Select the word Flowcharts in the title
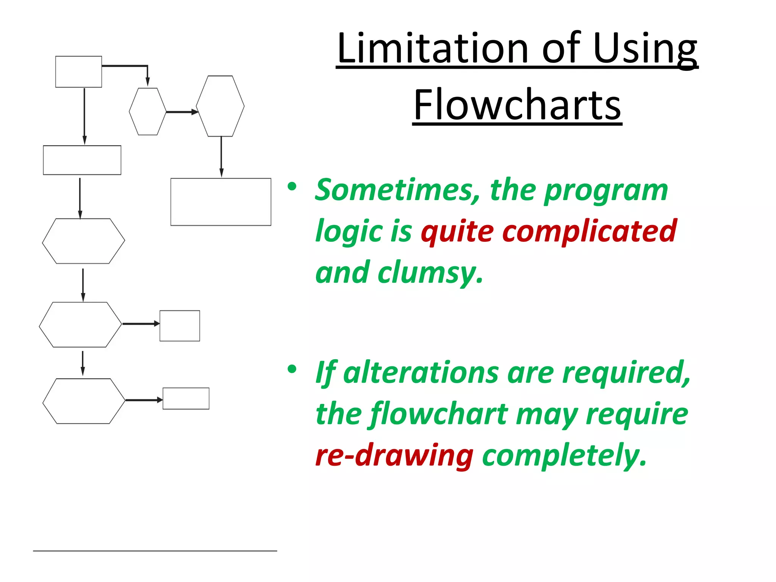(517, 105)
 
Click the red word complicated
(589, 231)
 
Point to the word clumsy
(430, 273)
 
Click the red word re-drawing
(394, 455)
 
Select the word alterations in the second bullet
(421, 373)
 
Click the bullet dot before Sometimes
(291, 186)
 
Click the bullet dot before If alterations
(291, 369)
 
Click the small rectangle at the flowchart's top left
(78, 72)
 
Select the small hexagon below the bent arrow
(147, 111)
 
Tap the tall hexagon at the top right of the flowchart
(220, 106)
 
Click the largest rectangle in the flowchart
(221, 202)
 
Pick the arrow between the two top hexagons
(181, 112)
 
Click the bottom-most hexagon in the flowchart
(83, 401)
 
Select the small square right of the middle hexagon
(180, 325)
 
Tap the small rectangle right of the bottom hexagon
(186, 398)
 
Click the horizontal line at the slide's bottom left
(155, 551)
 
